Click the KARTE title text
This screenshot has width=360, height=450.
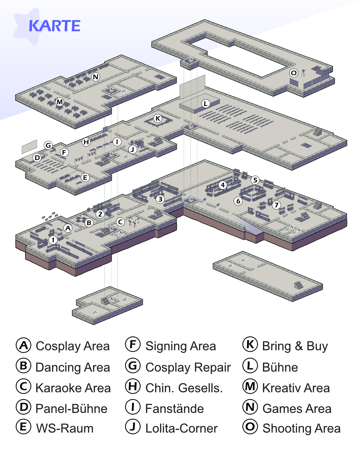(x=54, y=26)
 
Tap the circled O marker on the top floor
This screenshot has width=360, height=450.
(x=294, y=73)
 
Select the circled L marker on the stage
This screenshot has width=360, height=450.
(x=206, y=103)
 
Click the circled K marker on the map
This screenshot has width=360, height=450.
(x=158, y=118)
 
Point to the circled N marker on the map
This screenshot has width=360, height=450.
(x=96, y=77)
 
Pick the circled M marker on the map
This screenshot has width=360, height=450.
(x=60, y=102)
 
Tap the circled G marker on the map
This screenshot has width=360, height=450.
(x=48, y=145)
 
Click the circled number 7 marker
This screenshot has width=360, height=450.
(x=276, y=205)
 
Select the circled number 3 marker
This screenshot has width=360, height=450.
(x=160, y=199)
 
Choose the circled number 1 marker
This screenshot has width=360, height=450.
(x=53, y=240)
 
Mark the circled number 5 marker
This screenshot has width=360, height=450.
(x=255, y=180)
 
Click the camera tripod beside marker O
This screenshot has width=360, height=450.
(x=303, y=73)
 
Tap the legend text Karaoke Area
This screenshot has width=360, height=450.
(x=73, y=388)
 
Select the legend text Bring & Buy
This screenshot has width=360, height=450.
(x=295, y=346)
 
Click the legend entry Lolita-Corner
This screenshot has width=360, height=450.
(x=181, y=428)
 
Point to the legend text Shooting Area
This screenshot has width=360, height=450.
(x=301, y=428)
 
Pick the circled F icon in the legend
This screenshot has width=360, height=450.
(x=133, y=345)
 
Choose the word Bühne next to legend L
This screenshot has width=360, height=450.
(x=280, y=367)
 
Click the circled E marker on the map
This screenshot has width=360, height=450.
(x=85, y=178)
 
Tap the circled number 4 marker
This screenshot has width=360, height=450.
(x=223, y=185)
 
